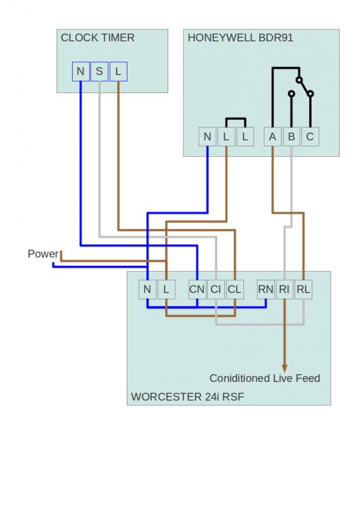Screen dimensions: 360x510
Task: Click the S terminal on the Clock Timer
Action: (x=99, y=71)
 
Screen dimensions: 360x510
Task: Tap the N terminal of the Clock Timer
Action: (x=81, y=71)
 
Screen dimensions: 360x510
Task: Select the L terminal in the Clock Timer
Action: (x=119, y=71)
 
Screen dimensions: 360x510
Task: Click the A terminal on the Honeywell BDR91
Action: (x=273, y=136)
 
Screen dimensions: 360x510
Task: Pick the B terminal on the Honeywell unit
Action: (x=291, y=136)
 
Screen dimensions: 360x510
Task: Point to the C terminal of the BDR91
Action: (x=310, y=136)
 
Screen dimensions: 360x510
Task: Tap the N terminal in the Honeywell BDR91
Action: (x=208, y=136)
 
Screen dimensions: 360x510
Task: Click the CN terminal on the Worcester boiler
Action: (x=197, y=289)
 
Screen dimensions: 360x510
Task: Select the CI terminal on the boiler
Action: (x=216, y=289)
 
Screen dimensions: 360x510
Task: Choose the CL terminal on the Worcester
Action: (x=235, y=289)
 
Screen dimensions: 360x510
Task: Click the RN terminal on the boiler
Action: (x=266, y=289)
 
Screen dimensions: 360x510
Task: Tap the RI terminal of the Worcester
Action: (x=285, y=289)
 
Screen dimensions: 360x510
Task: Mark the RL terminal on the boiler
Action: (x=303, y=289)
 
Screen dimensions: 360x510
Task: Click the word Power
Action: (x=43, y=254)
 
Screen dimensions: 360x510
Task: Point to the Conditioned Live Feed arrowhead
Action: (x=285, y=368)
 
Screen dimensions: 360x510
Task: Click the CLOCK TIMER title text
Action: (x=97, y=38)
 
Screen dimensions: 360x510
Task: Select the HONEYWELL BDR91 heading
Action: (x=240, y=38)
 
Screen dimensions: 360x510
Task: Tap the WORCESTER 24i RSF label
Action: (x=187, y=397)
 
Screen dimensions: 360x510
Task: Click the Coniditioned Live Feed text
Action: (x=264, y=378)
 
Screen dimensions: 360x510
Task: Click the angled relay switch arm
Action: (x=305, y=87)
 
